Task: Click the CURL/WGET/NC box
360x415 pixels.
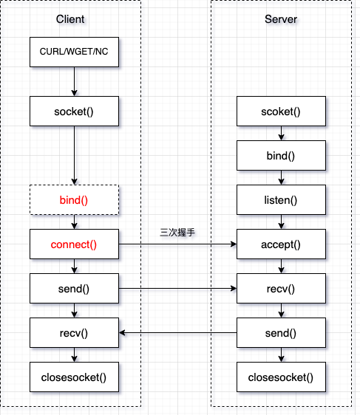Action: click(x=74, y=53)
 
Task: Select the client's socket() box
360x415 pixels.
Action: click(x=74, y=112)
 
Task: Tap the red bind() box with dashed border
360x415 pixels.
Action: click(x=74, y=200)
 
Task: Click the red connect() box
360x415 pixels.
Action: click(x=74, y=244)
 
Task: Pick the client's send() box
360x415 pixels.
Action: click(x=74, y=289)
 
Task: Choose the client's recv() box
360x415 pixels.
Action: click(x=74, y=333)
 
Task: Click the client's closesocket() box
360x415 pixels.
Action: click(x=74, y=377)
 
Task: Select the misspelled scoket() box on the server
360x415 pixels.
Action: click(x=281, y=112)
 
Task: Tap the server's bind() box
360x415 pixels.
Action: click(x=281, y=156)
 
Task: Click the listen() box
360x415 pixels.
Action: click(x=281, y=200)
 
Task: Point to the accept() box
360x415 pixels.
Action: click(x=281, y=244)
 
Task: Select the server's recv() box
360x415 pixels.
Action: click(x=281, y=289)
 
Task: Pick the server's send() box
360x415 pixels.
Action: click(x=281, y=333)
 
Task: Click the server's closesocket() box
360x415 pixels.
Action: click(x=281, y=377)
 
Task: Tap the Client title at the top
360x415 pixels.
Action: click(x=70, y=18)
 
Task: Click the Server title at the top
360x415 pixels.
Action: click(x=281, y=18)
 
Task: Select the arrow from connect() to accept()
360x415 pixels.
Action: click(x=177, y=244)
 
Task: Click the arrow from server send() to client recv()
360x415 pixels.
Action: click(x=177, y=333)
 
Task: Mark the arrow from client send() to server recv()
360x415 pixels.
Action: click(x=177, y=289)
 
